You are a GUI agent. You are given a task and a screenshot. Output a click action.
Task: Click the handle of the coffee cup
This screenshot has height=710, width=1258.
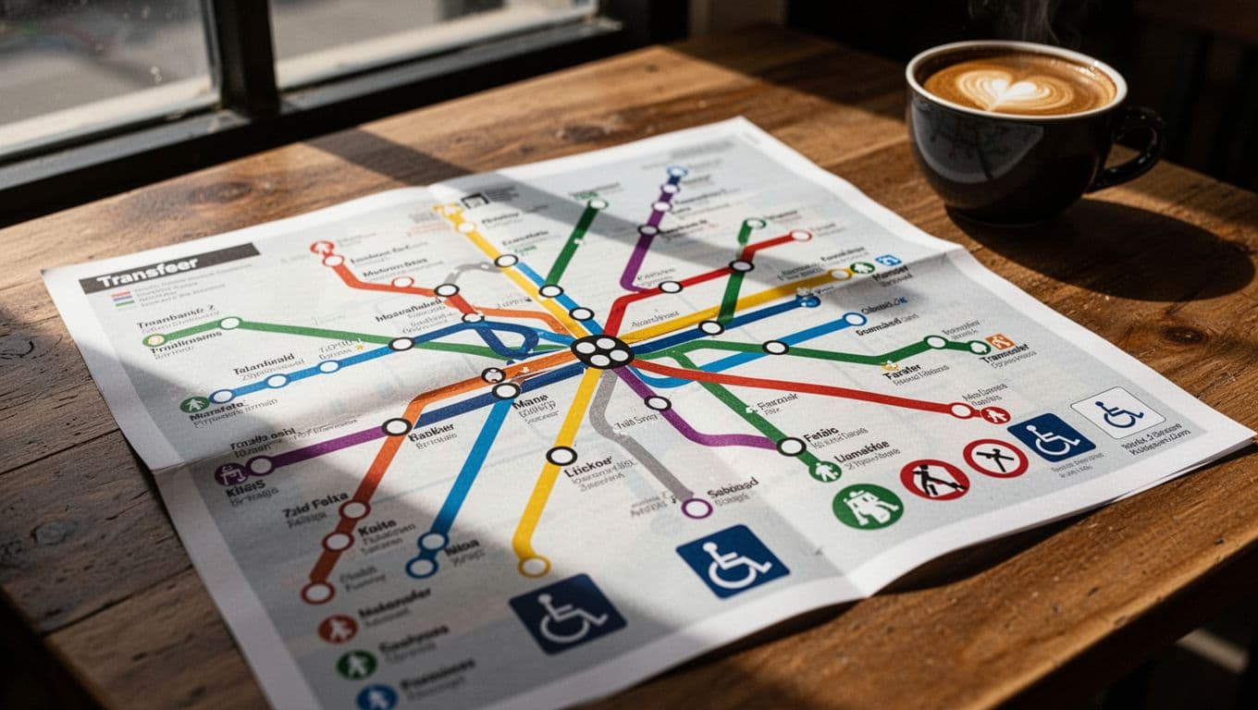(x=1137, y=148)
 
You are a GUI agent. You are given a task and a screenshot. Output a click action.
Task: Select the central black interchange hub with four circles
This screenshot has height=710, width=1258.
(x=601, y=351)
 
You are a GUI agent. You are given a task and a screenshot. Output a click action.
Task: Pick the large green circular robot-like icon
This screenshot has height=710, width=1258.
(x=867, y=506)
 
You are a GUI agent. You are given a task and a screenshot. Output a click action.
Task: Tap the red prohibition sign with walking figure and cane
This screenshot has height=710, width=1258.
(x=933, y=480)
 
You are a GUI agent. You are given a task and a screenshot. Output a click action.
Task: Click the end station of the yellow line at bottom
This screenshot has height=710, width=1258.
(x=533, y=566)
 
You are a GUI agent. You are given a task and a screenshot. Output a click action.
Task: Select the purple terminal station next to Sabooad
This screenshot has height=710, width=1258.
(x=696, y=508)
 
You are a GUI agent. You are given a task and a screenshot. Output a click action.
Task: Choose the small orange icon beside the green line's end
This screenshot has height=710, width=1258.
(x=998, y=341)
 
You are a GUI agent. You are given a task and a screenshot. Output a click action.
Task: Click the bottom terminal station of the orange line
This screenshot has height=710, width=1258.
(x=317, y=592)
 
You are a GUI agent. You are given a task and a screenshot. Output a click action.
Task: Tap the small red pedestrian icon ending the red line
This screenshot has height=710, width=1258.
(x=995, y=415)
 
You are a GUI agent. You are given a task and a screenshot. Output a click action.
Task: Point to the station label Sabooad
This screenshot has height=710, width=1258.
(x=733, y=486)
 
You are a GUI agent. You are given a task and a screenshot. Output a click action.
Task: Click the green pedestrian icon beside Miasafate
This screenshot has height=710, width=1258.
(x=194, y=405)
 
